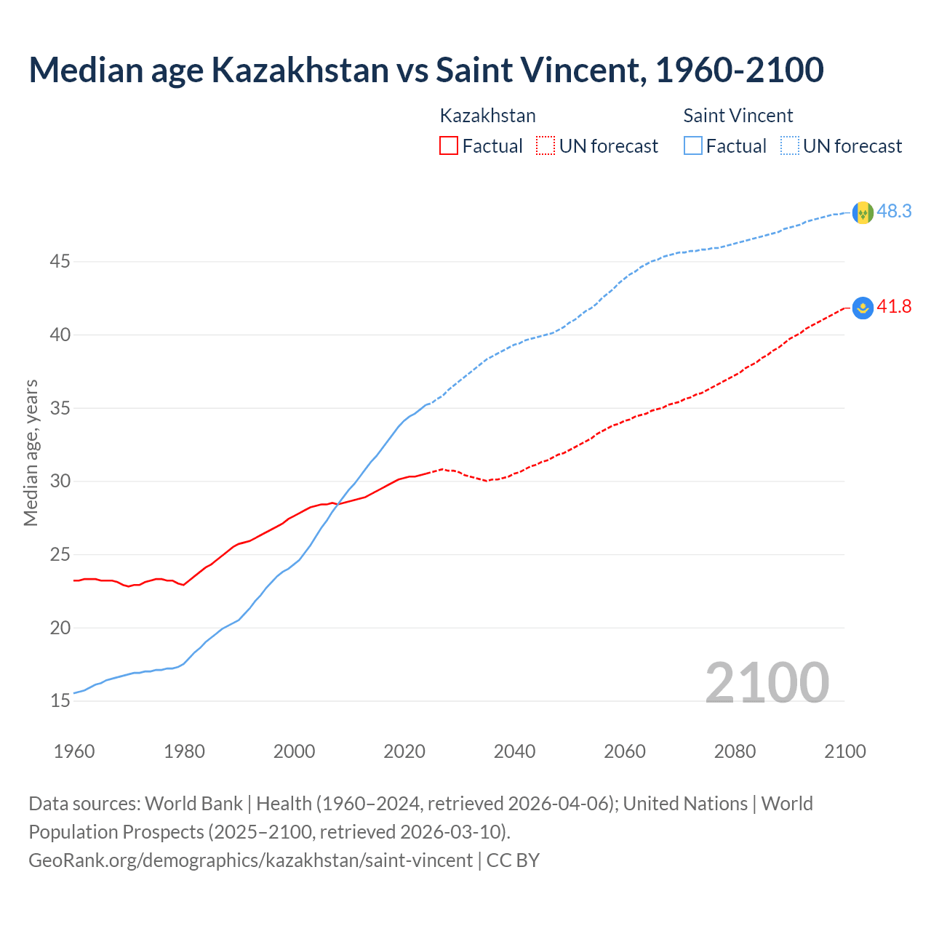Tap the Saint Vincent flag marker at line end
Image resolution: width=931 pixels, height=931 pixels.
point(863,212)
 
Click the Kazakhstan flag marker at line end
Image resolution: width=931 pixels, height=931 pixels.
point(863,308)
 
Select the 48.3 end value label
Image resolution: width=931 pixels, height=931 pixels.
point(894,211)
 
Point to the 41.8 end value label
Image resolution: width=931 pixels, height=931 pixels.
point(894,306)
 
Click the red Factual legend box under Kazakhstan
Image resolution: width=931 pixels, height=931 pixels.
point(449,145)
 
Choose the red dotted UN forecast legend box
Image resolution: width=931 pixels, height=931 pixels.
point(546,145)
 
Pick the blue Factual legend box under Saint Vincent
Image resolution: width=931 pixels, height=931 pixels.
point(693,145)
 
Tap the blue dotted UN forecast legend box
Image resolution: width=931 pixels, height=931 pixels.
point(789,145)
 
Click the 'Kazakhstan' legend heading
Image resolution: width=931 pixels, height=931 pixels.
point(487,116)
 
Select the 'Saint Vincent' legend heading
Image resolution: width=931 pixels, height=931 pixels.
point(738,116)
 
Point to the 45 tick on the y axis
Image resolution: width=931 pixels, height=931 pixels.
point(60,261)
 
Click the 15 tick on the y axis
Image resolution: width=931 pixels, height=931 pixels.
point(60,700)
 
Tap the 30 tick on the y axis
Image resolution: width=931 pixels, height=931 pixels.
point(60,481)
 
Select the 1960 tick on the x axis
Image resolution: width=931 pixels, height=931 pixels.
point(74,751)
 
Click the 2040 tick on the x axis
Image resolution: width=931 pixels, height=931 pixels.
point(514,751)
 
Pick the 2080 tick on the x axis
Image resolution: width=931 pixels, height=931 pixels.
point(735,751)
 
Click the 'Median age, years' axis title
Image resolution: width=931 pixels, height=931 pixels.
point(31,452)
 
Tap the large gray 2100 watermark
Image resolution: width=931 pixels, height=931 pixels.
point(767,682)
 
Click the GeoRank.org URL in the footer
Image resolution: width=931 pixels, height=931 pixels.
point(250,860)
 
